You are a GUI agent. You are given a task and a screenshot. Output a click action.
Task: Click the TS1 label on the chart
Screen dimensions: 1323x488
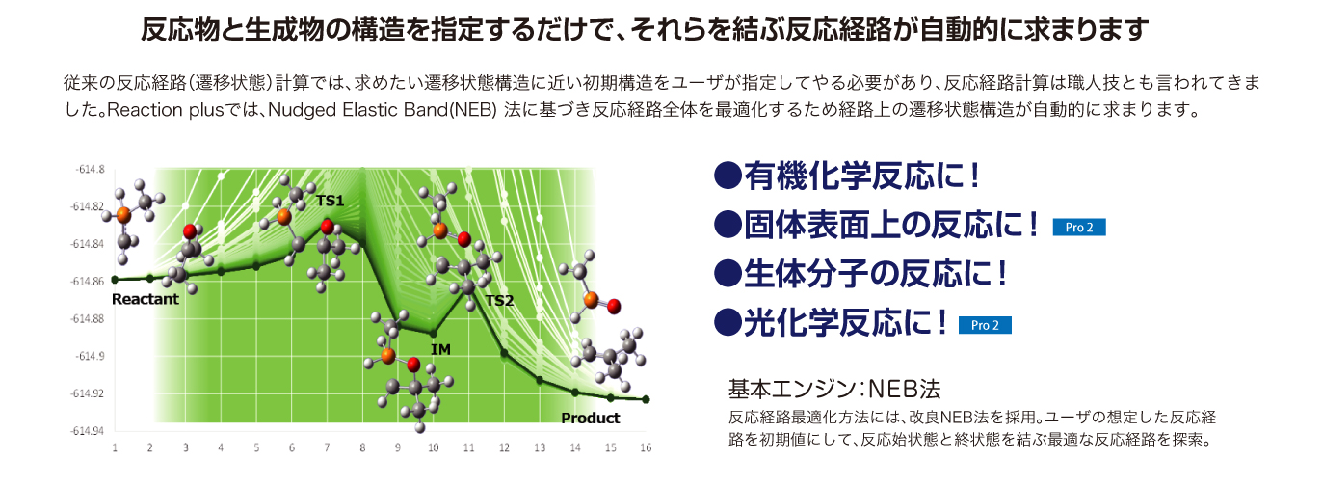(330, 201)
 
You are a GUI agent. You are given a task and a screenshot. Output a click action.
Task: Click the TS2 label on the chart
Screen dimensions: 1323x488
(499, 301)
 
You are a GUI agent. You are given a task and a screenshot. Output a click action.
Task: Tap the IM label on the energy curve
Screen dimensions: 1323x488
(440, 350)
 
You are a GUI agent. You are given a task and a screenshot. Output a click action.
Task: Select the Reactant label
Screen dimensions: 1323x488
(146, 299)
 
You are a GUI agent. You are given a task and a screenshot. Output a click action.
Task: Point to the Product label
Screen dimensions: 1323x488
(590, 419)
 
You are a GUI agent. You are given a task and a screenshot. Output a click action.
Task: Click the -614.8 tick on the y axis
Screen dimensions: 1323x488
(90, 170)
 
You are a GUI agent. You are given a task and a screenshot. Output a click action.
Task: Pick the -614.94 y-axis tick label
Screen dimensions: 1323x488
(88, 431)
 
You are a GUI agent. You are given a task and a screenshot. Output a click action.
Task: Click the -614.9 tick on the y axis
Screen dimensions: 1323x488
(90, 356)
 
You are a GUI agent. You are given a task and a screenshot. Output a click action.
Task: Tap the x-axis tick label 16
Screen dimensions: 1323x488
(646, 447)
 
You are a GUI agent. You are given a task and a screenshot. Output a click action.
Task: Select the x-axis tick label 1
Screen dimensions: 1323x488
(115, 447)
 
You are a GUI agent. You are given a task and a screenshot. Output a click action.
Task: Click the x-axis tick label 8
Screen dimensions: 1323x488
(362, 447)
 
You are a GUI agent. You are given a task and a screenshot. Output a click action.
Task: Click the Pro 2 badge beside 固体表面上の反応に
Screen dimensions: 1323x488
(1079, 228)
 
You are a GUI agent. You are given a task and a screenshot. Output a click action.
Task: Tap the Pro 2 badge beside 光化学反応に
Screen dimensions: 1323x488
(985, 326)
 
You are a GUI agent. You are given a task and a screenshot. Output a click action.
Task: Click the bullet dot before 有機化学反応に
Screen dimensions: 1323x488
(728, 176)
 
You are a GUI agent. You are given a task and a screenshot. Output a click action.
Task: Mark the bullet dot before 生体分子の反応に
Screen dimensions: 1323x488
(728, 274)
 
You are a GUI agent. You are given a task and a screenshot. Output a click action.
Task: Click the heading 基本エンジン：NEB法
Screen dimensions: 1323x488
(833, 390)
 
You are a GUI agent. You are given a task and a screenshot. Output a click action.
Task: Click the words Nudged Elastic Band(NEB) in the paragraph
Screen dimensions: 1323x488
(383, 111)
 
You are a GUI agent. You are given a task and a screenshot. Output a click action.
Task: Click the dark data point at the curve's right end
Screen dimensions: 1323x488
(646, 400)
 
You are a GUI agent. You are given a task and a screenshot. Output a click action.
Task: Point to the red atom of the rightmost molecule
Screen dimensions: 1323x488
(614, 307)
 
